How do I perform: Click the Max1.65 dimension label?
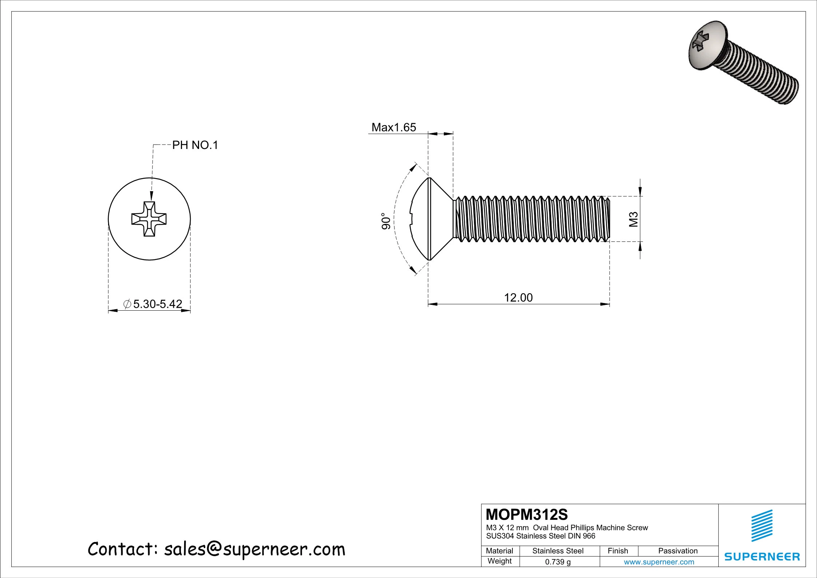coord(393,127)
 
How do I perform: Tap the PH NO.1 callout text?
coord(195,145)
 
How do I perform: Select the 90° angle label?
coord(386,221)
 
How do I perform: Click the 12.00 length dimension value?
coord(518,298)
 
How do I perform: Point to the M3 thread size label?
coord(634,219)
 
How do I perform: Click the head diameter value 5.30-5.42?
coord(157,304)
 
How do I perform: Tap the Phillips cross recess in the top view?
coord(149,219)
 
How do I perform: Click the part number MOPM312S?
coord(527,515)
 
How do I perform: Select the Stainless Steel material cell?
coord(558,551)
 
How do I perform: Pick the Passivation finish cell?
coord(678,551)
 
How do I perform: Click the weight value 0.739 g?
coord(558,562)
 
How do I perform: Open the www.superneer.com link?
coord(659,562)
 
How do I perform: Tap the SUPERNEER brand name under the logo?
coord(762,557)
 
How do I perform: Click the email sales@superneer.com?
coord(254,549)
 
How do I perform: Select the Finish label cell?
coord(618,551)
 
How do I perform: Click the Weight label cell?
coord(499,561)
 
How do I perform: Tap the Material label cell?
coord(499,551)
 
